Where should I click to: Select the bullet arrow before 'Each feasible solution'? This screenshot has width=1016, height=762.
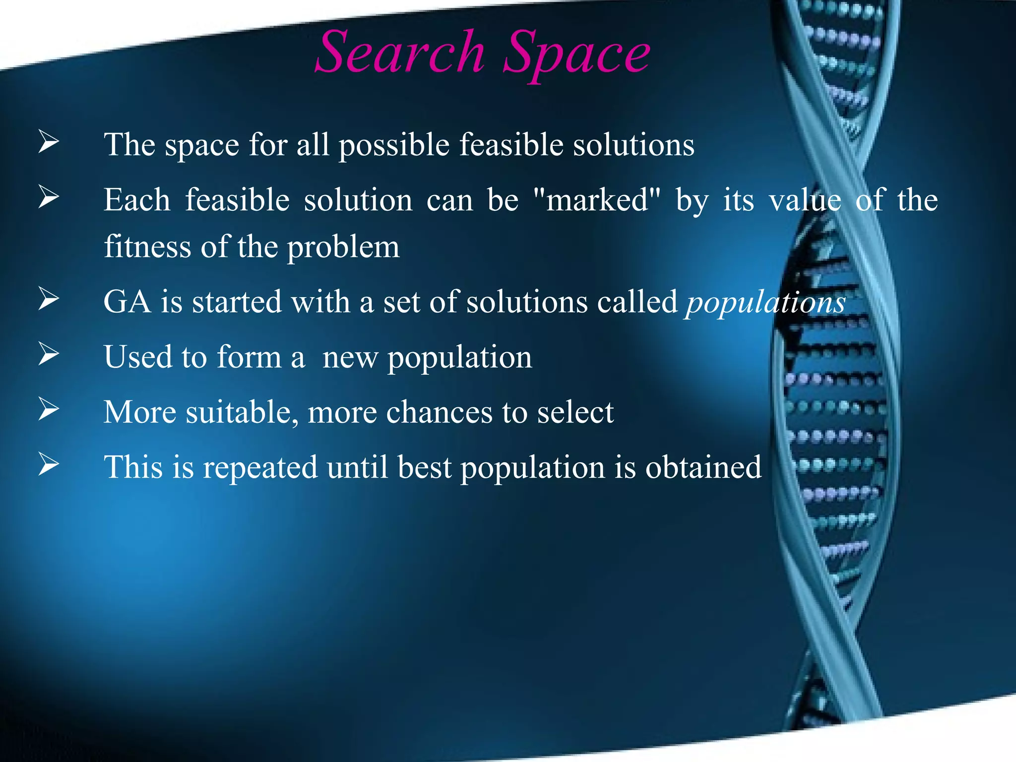click(49, 197)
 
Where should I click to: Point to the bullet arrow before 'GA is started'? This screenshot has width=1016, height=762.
click(49, 299)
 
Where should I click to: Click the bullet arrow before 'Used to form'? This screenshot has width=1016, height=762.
click(49, 354)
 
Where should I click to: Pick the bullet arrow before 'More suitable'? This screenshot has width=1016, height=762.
click(49, 409)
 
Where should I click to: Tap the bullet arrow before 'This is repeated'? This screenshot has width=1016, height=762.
click(49, 464)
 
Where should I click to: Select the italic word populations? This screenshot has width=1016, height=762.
click(765, 303)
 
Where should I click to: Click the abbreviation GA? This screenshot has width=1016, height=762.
click(127, 302)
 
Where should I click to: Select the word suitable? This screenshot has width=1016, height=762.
click(242, 412)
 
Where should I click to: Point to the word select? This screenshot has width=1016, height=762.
click(575, 412)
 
